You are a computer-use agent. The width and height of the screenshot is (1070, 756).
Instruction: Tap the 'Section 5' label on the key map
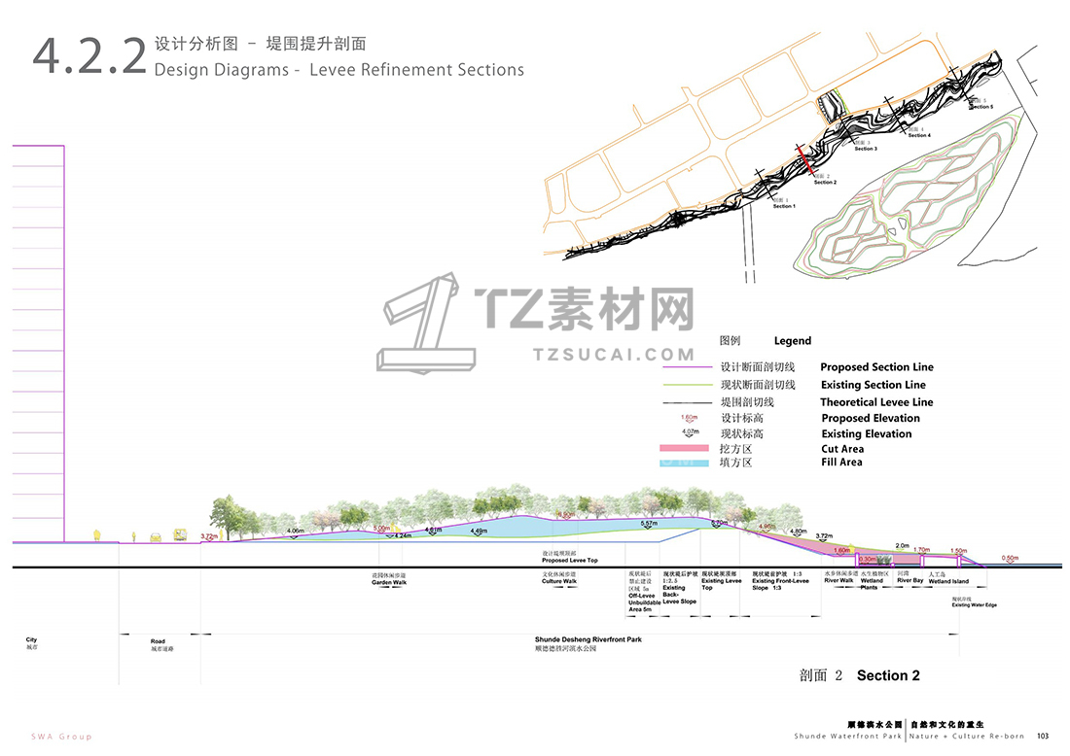click(981, 106)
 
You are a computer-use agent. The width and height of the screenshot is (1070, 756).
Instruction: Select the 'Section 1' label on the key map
click(784, 206)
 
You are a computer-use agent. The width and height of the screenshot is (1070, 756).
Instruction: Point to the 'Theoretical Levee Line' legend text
click(875, 402)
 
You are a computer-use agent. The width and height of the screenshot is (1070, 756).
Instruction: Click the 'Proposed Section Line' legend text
click(876, 367)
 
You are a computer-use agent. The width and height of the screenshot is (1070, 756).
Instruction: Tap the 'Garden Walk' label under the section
click(388, 582)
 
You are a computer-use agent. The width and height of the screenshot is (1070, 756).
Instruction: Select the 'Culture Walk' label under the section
click(558, 582)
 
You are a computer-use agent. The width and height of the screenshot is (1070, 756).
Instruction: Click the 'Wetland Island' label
click(947, 581)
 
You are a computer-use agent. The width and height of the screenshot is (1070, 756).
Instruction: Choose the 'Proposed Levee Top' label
click(569, 561)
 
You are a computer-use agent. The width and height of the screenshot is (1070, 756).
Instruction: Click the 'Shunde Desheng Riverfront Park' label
click(588, 639)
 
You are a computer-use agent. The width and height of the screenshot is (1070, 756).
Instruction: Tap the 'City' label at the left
click(32, 639)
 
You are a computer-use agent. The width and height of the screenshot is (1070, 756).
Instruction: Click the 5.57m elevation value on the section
click(649, 524)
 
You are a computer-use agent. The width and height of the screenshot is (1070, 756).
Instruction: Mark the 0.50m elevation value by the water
click(1011, 558)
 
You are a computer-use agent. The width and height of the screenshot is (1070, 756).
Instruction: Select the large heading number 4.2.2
click(89, 56)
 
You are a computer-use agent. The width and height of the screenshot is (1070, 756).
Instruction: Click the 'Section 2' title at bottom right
click(888, 675)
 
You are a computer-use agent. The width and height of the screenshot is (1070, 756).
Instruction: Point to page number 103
click(1042, 736)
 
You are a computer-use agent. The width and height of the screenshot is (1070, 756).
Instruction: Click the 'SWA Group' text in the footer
click(61, 737)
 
